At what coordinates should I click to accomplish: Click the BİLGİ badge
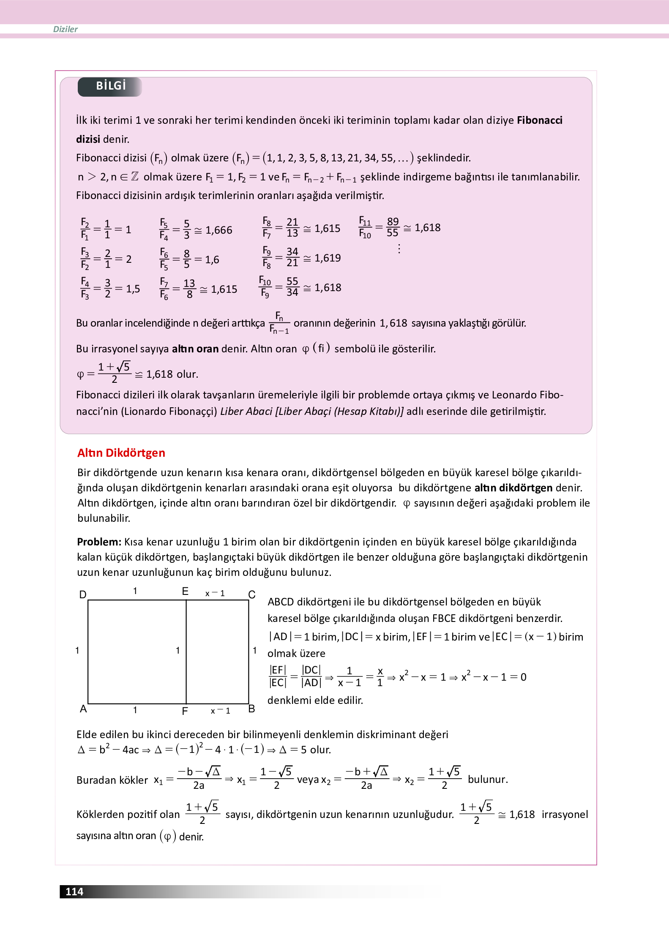tap(110, 86)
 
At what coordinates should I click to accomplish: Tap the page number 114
tap(74, 891)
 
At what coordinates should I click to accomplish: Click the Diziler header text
tap(65, 29)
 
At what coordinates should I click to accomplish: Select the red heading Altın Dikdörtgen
tap(121, 453)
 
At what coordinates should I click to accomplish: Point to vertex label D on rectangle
tap(83, 594)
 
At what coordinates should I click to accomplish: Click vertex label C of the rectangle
tap(252, 594)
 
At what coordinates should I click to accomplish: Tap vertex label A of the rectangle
tap(83, 709)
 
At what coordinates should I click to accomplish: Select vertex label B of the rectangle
tap(251, 709)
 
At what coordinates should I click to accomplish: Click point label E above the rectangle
tap(185, 592)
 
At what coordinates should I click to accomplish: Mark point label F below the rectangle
tap(185, 711)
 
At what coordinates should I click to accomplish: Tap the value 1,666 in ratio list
tap(218, 230)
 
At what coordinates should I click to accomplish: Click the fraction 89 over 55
tap(393, 227)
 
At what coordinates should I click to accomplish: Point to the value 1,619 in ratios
tap(328, 258)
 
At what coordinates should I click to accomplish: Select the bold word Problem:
tap(99, 542)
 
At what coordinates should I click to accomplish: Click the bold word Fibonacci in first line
tap(539, 120)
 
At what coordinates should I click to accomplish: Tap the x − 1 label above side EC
tap(215, 593)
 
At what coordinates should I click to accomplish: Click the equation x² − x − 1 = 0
tap(493, 677)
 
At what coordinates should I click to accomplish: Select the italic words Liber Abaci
tap(246, 412)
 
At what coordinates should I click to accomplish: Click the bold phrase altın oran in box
tap(195, 349)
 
